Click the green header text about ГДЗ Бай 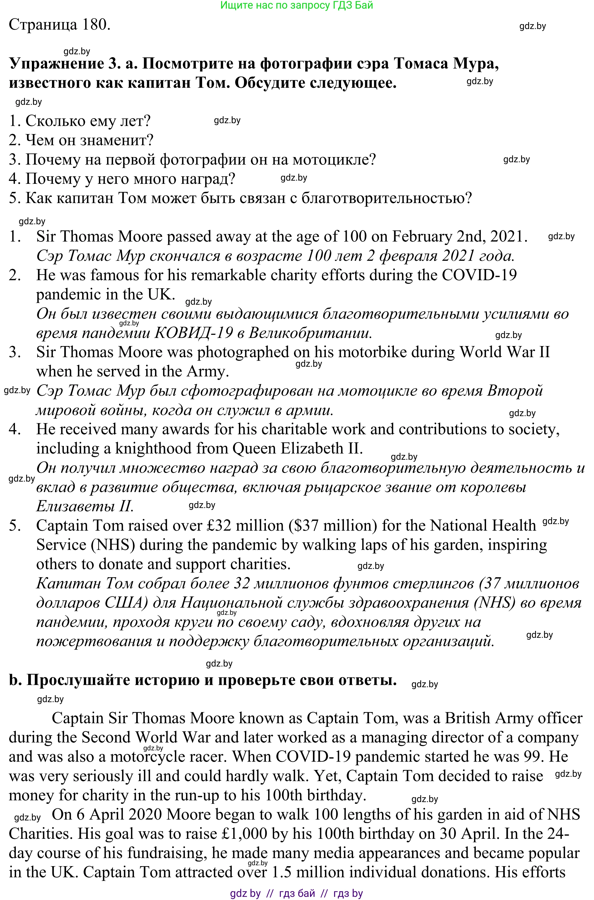296,5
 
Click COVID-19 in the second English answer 479,275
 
